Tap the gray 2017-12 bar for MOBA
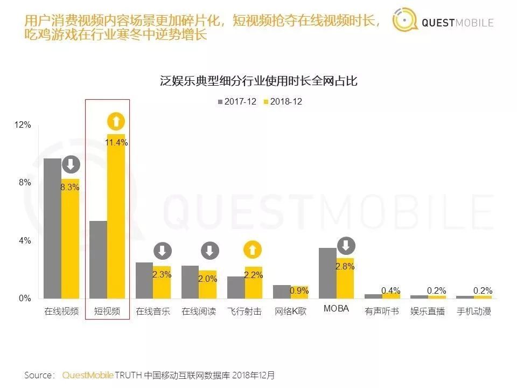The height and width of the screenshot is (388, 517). [327, 273]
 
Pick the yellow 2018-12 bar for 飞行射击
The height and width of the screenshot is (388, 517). [254, 282]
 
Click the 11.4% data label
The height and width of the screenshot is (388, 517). [117, 143]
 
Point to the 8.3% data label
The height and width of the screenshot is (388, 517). [70, 188]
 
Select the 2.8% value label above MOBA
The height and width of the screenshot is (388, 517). [345, 266]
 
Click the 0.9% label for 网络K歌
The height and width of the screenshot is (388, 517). [299, 291]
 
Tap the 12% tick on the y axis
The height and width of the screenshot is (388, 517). [22, 125]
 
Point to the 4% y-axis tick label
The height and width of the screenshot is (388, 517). [24, 241]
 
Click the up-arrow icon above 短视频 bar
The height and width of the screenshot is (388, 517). [116, 122]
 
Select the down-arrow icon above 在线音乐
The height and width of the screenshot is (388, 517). [162, 251]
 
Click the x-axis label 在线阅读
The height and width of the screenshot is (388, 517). [199, 311]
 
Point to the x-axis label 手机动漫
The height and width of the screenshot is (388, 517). [474, 311]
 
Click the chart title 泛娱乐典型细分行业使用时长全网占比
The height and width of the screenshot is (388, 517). [259, 81]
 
